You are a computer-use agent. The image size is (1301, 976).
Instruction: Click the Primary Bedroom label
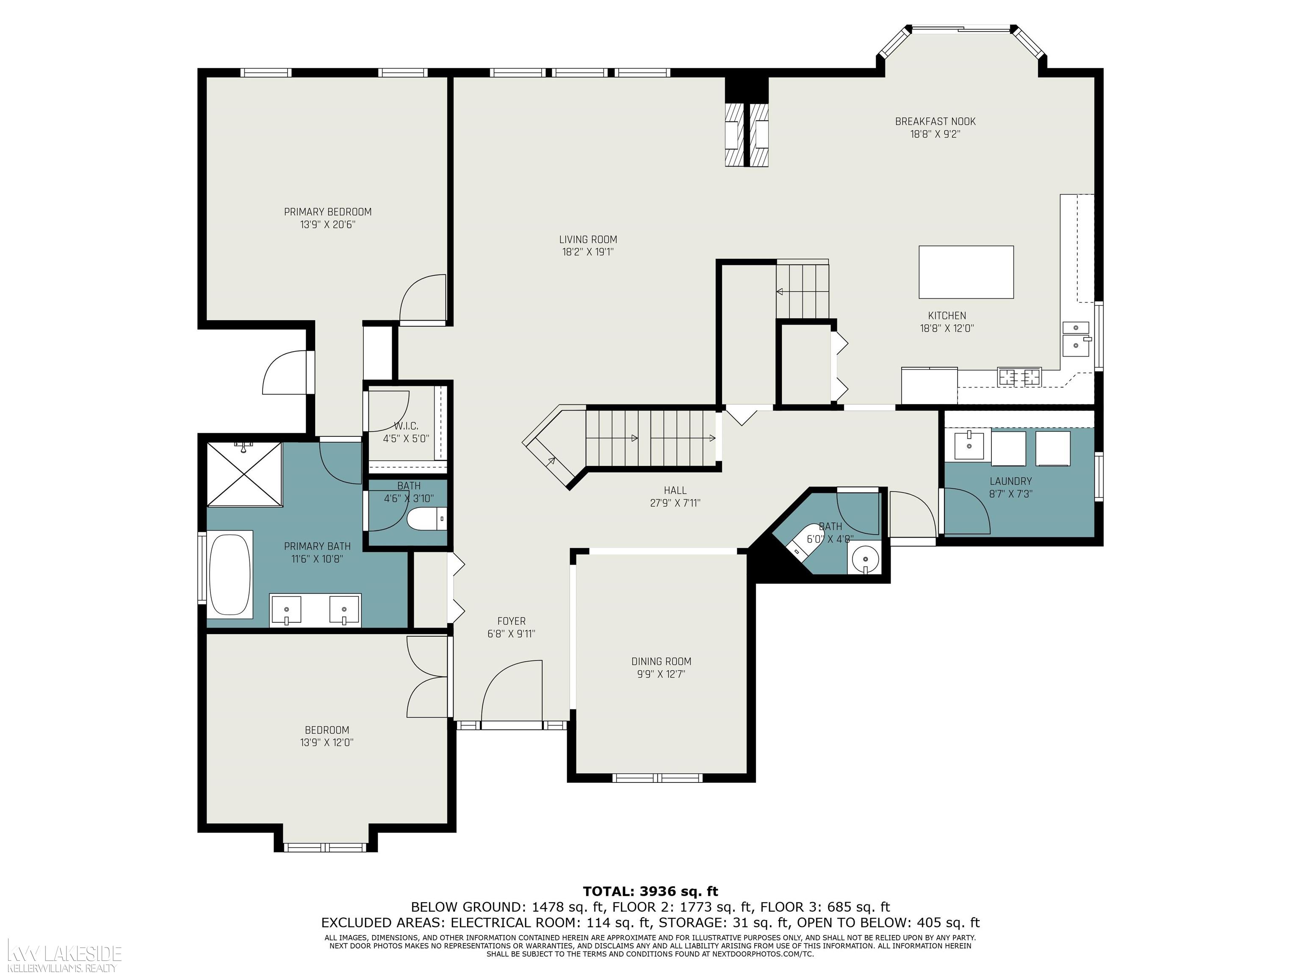[x=328, y=212]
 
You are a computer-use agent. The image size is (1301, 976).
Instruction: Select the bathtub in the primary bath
[x=230, y=574]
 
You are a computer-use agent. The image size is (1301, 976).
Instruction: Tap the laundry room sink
[x=968, y=445]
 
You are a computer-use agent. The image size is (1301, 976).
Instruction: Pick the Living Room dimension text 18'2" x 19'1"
[x=588, y=252]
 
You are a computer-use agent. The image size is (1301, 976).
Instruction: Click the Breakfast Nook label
[x=935, y=121]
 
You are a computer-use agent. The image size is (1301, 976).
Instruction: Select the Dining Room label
[x=661, y=661]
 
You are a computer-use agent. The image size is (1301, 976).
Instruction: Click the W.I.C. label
[x=407, y=426]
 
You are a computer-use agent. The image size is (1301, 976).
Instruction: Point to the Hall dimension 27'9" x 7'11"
[x=675, y=503]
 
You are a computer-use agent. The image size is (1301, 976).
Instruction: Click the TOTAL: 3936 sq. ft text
[x=650, y=891]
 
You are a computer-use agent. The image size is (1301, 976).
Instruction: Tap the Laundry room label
[x=1010, y=481]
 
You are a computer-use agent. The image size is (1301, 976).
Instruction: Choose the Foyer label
[x=511, y=621]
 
